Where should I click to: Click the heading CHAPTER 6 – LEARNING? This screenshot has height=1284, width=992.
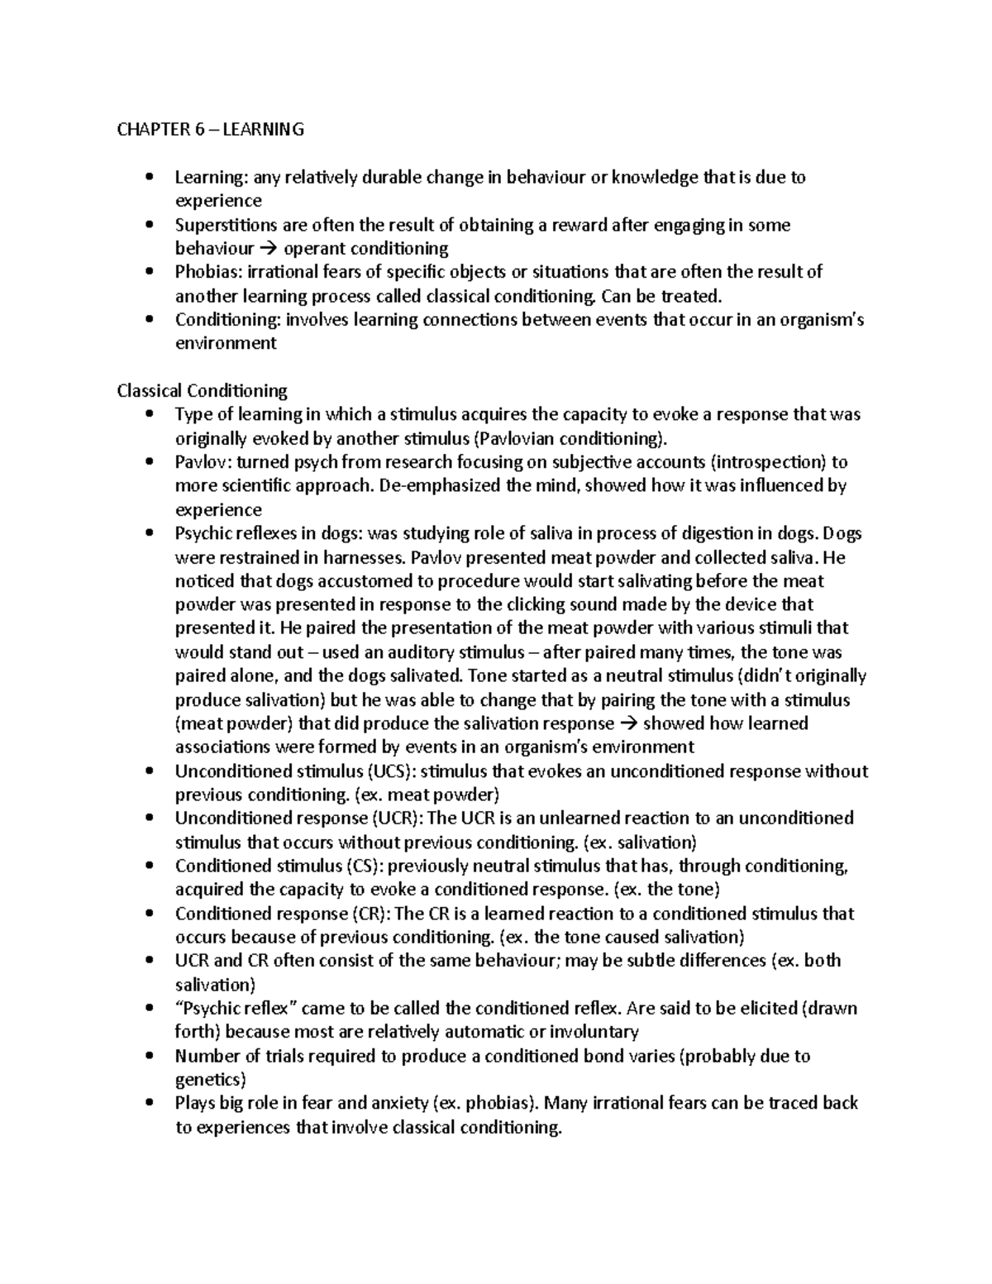pyautogui.click(x=210, y=129)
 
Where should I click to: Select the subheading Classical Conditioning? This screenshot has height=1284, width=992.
pyautogui.click(x=202, y=390)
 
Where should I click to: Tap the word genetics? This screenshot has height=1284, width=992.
pyautogui.click(x=210, y=1080)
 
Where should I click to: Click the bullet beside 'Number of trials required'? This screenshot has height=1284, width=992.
pyautogui.click(x=149, y=1057)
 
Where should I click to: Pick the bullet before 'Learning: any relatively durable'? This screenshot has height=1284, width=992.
pyautogui.click(x=149, y=178)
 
